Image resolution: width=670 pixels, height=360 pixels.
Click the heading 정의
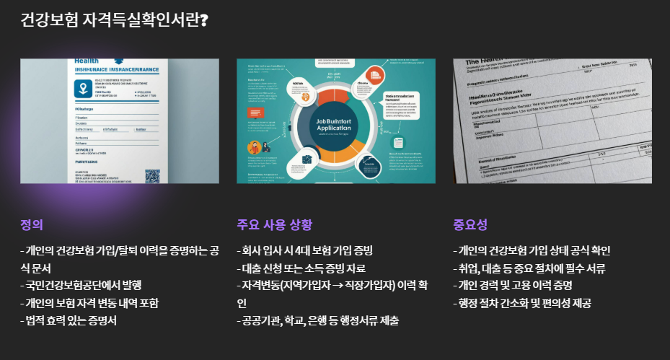(x=32, y=224)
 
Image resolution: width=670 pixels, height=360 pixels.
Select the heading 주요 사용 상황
(x=274, y=224)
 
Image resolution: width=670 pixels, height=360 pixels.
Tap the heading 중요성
(x=470, y=224)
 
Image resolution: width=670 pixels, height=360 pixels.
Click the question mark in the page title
(x=205, y=19)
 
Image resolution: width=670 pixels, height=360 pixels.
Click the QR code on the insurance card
(x=152, y=175)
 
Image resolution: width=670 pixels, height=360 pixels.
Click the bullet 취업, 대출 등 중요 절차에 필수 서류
(x=529, y=268)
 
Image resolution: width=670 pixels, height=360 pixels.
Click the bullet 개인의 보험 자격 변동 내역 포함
(x=89, y=302)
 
